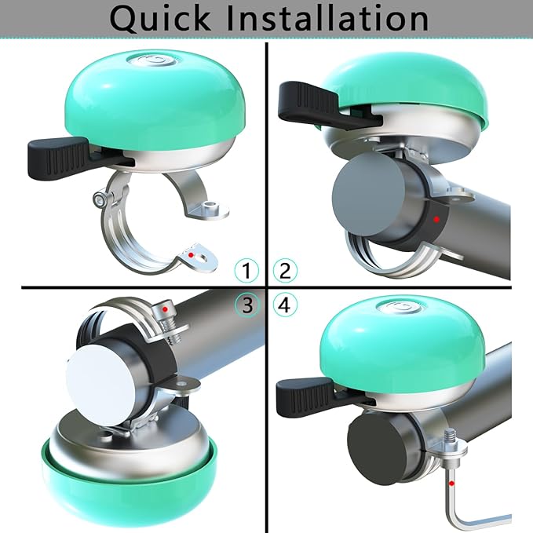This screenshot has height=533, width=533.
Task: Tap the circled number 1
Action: pyautogui.click(x=247, y=271)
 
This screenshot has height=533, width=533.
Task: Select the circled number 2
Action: pyautogui.click(x=285, y=271)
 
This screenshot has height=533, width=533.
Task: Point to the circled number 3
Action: pyautogui.click(x=247, y=304)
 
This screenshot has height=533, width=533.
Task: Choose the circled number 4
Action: pyautogui.click(x=285, y=304)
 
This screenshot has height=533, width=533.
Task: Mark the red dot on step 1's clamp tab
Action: pyautogui.click(x=190, y=255)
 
